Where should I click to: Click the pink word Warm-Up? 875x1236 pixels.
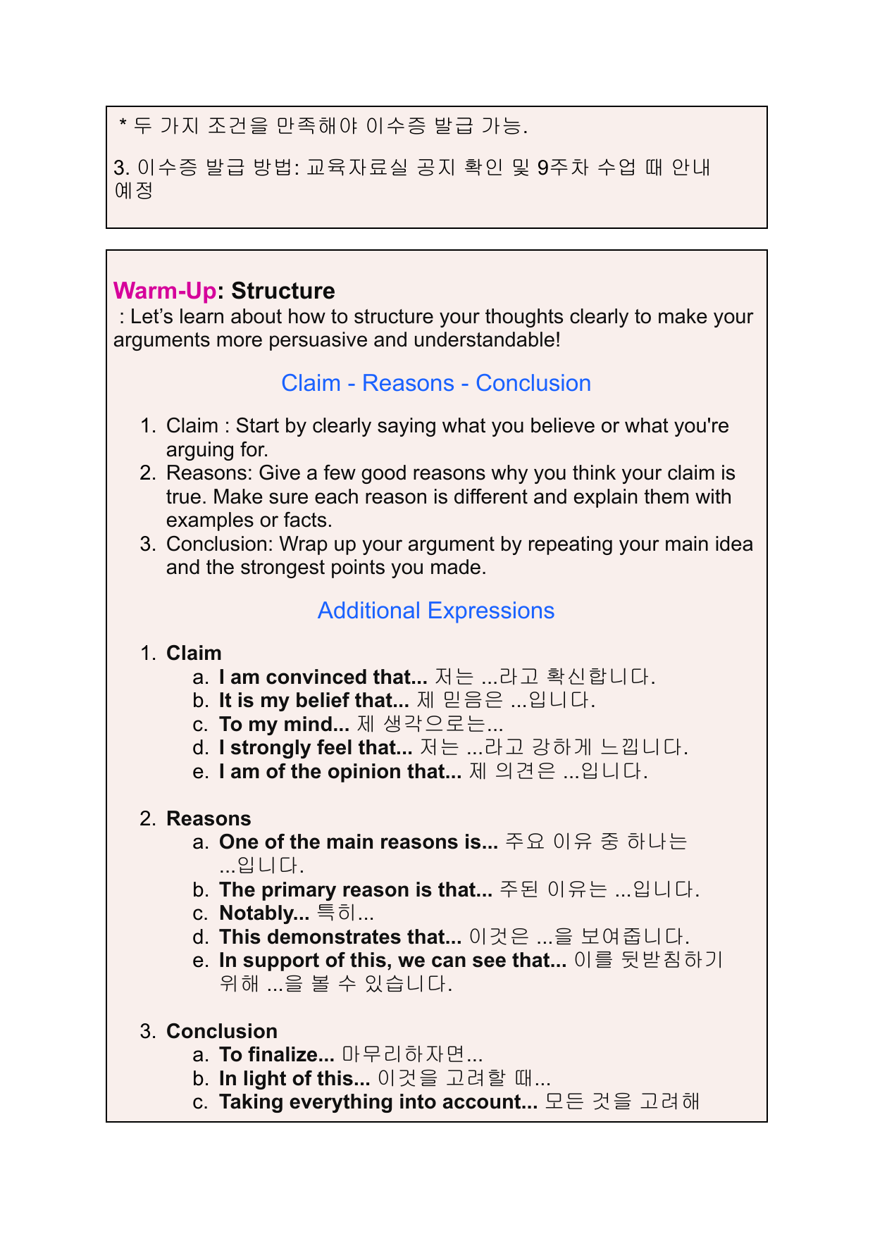164,291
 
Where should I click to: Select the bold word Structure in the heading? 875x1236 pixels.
283,291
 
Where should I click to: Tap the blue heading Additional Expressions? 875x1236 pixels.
436,611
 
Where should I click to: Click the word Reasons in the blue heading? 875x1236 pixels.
408,383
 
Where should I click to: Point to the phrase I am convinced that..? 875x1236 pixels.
323,678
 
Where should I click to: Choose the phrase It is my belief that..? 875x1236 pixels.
314,701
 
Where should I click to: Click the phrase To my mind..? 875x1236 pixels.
284,725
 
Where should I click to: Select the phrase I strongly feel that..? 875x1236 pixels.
315,748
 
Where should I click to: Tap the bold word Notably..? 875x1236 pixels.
263,913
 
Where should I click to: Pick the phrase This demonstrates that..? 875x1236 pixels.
340,937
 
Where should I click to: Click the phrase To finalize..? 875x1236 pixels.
276,1055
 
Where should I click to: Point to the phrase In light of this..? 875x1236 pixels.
294,1079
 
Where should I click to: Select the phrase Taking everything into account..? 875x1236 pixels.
378,1102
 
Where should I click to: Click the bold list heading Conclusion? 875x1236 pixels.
222,1031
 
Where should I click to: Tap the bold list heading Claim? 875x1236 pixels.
194,654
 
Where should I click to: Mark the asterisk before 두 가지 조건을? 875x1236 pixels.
123,125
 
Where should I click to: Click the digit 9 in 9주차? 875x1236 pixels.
542,168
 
